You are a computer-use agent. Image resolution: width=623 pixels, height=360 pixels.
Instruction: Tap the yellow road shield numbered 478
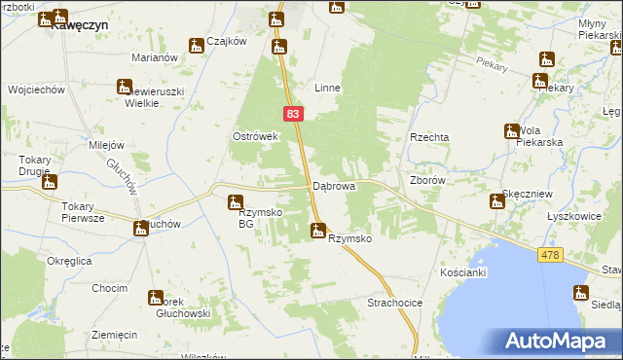(550, 254)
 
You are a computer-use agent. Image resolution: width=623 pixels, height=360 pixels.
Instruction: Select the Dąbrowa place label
(333, 185)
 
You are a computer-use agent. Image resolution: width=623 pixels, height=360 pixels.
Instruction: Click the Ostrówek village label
(255, 136)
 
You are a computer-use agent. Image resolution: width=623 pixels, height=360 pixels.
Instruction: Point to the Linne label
(327, 88)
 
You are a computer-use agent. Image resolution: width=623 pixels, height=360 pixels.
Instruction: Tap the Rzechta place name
(429, 138)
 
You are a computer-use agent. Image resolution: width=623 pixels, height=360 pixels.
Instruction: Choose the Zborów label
(428, 180)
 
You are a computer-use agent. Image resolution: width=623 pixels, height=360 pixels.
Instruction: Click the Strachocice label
(394, 304)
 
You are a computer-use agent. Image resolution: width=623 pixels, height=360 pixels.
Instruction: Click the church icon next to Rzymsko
(316, 231)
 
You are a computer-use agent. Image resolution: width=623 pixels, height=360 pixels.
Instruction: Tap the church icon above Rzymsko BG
(235, 203)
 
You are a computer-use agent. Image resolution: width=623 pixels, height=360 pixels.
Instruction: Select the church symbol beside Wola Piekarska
(511, 131)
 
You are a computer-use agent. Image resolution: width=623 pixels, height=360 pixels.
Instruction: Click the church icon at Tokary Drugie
(50, 181)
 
